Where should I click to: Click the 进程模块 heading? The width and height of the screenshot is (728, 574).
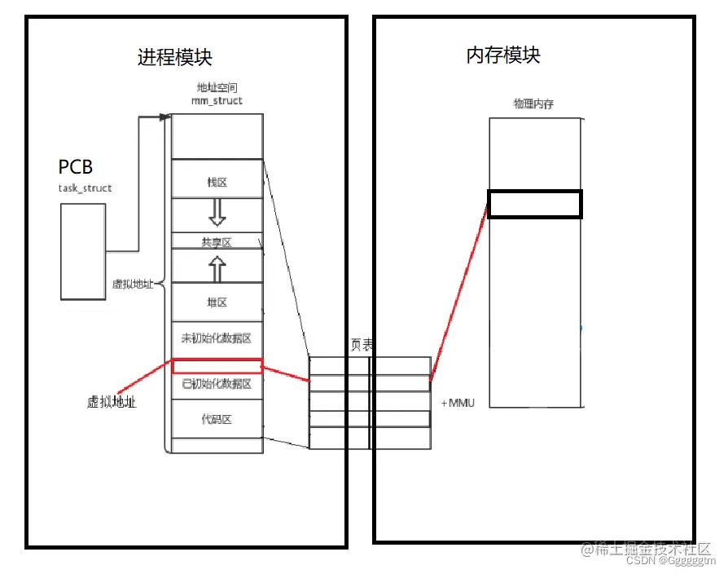pyautogui.click(x=175, y=57)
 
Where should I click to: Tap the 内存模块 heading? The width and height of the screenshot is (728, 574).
pyautogui.click(x=503, y=55)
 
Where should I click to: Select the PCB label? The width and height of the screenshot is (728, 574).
pyautogui.click(x=76, y=167)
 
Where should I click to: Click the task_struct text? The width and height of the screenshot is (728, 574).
pyautogui.click(x=85, y=188)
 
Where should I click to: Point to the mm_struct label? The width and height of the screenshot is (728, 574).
pyautogui.click(x=217, y=100)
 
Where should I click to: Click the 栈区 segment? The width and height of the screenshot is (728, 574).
pyautogui.click(x=217, y=183)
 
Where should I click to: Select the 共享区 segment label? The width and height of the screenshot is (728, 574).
pyautogui.click(x=217, y=242)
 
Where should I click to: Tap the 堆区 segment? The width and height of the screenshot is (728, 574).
pyautogui.click(x=217, y=302)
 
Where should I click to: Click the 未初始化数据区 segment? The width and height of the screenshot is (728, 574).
pyautogui.click(x=217, y=338)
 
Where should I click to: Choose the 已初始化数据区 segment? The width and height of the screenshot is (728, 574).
pyautogui.click(x=217, y=384)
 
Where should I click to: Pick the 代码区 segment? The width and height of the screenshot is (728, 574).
pyautogui.click(x=217, y=420)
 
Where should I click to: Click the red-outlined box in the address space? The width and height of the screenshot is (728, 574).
pyautogui.click(x=217, y=366)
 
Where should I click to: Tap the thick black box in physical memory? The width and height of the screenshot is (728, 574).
pyautogui.click(x=535, y=204)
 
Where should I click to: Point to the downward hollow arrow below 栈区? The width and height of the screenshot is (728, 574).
pyautogui.click(x=217, y=212)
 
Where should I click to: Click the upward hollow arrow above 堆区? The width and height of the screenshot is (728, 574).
pyautogui.click(x=217, y=267)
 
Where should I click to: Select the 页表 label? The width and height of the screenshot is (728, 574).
pyautogui.click(x=362, y=346)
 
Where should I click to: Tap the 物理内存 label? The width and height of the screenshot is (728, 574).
pyautogui.click(x=534, y=104)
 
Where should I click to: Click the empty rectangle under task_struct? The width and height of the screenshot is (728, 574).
pyautogui.click(x=83, y=251)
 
